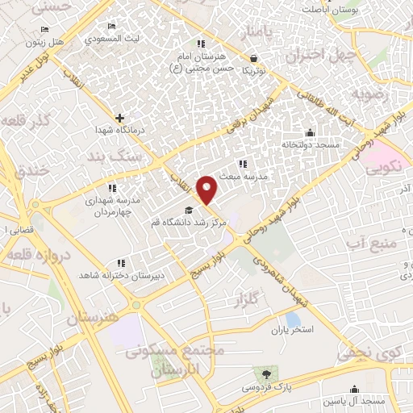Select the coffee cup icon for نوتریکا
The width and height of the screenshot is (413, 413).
[x=255, y=58]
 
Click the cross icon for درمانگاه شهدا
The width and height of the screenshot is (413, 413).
[x=119, y=118]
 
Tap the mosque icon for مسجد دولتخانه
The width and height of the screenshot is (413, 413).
[x=310, y=133]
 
